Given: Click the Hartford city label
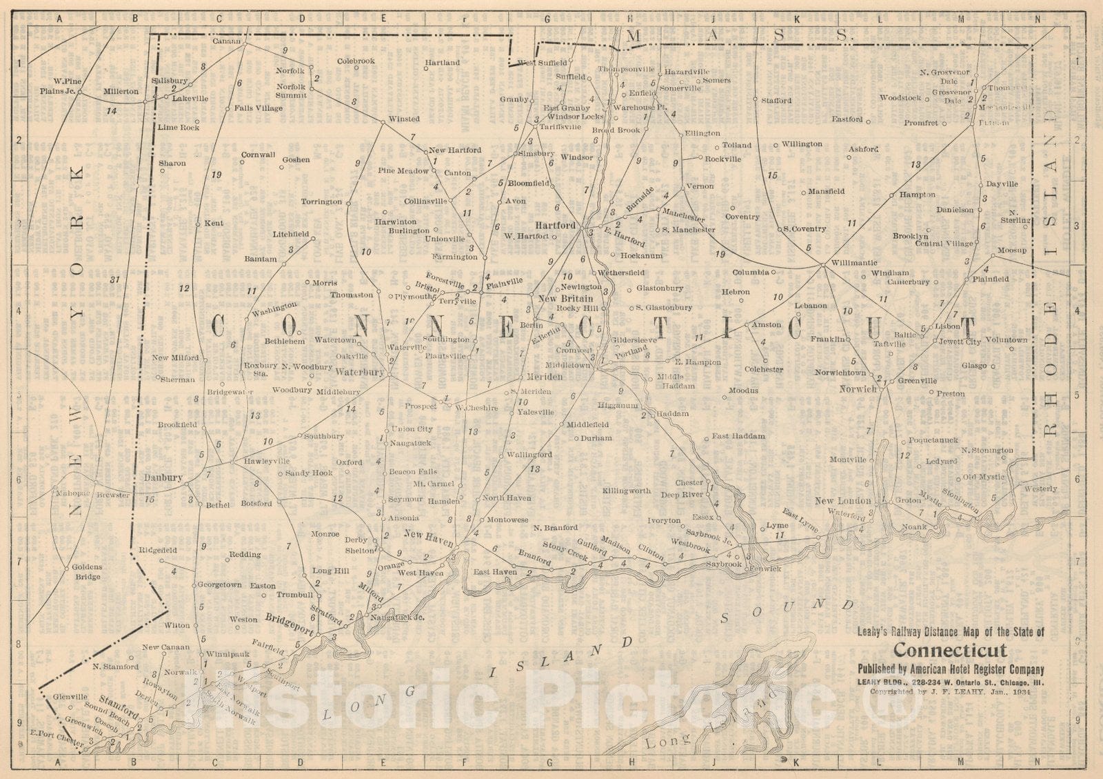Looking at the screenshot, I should click(x=555, y=226).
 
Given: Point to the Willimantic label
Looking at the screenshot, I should click(x=854, y=263).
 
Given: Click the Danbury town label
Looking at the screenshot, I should click(x=163, y=477).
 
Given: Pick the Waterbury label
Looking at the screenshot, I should click(x=359, y=372).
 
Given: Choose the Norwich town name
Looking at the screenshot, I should click(x=858, y=389).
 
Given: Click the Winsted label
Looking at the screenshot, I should click(x=403, y=119).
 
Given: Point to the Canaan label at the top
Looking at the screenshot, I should click(x=226, y=41).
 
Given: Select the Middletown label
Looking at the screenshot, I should click(x=568, y=364).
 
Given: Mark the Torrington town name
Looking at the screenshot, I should click(x=321, y=201).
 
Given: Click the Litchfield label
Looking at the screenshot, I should click(x=290, y=235).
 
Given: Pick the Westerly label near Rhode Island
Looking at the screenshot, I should click(x=1040, y=489).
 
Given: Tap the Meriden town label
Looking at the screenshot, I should click(x=545, y=377).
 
